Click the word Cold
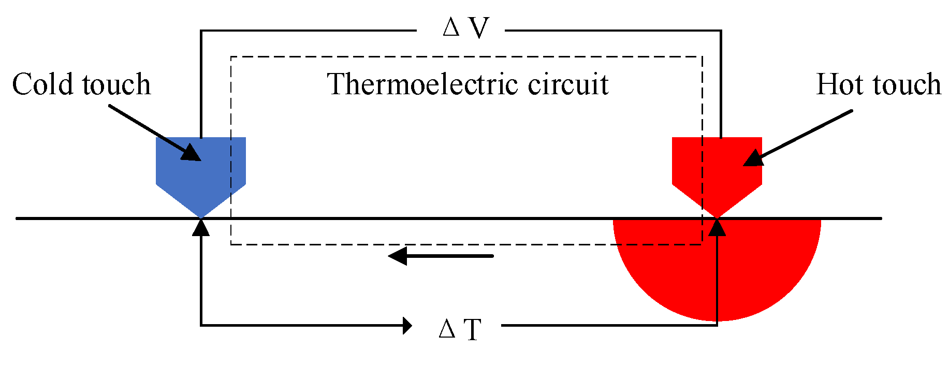tap(44, 84)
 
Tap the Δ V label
tap(466, 28)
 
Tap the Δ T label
tap(460, 329)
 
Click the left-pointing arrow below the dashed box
tap(440, 256)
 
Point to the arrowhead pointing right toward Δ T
tap(407, 326)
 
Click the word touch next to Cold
tap(116, 84)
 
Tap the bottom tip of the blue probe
tap(201, 215)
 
